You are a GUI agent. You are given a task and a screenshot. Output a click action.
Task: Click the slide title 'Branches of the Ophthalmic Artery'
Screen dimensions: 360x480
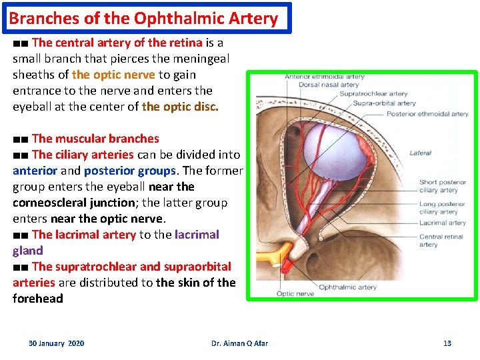click(x=143, y=18)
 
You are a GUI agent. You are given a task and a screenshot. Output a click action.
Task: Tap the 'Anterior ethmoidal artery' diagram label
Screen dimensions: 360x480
click(x=325, y=77)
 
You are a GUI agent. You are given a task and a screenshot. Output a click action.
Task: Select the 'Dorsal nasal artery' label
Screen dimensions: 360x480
click(x=329, y=85)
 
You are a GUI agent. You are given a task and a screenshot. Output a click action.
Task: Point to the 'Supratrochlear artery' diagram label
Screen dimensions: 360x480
click(x=373, y=94)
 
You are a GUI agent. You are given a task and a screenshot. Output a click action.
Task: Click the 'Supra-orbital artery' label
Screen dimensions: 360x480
click(x=384, y=103)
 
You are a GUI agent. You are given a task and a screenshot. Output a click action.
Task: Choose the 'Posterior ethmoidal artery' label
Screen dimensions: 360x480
click(x=427, y=114)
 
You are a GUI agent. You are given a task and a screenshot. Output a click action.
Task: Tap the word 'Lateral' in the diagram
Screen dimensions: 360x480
click(x=420, y=153)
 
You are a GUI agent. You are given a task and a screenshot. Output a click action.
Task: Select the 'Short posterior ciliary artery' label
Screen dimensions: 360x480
click(x=443, y=186)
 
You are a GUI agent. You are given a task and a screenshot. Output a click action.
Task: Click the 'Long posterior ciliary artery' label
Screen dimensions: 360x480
click(x=442, y=208)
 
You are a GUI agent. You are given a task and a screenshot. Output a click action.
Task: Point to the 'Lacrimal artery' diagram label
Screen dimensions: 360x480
click(x=443, y=223)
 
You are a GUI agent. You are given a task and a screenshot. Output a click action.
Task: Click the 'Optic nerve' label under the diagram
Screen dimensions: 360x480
click(x=295, y=293)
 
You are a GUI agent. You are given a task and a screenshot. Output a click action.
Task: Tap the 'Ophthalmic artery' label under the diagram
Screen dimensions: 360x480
click(x=347, y=287)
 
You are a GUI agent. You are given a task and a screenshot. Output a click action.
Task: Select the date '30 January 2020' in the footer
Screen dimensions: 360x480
click(x=56, y=343)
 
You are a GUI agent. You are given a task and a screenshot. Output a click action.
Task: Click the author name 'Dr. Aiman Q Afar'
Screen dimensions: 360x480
click(x=239, y=343)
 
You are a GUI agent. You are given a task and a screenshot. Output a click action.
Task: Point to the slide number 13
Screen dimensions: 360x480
click(x=447, y=343)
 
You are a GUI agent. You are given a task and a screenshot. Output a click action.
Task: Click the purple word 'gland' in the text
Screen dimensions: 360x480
click(x=27, y=251)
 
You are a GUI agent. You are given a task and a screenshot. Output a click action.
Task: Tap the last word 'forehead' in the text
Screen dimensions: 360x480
click(x=37, y=299)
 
